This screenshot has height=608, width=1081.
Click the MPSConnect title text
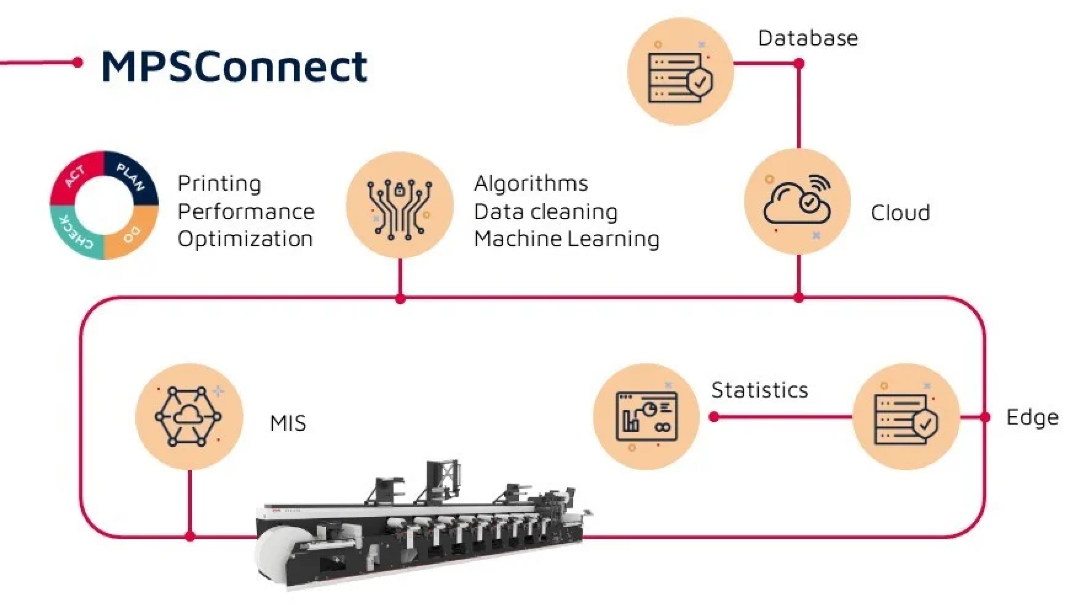pyautogui.click(x=234, y=66)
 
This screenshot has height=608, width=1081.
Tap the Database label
pyautogui.click(x=807, y=38)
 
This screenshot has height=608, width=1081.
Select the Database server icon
pyautogui.click(x=680, y=72)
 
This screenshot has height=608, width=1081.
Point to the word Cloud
pyautogui.click(x=900, y=213)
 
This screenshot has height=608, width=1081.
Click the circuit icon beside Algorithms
pyautogui.click(x=400, y=205)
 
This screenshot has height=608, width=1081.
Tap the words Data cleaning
pyautogui.click(x=545, y=212)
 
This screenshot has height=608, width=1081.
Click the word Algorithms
pyautogui.click(x=531, y=184)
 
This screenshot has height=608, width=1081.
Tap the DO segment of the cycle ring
pyautogui.click(x=133, y=236)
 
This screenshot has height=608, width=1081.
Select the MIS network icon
pyautogui.click(x=189, y=416)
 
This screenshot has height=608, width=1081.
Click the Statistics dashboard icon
pyautogui.click(x=646, y=416)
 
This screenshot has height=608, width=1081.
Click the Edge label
pyautogui.click(x=1032, y=418)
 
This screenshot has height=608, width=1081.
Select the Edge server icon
pyautogui.click(x=906, y=416)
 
